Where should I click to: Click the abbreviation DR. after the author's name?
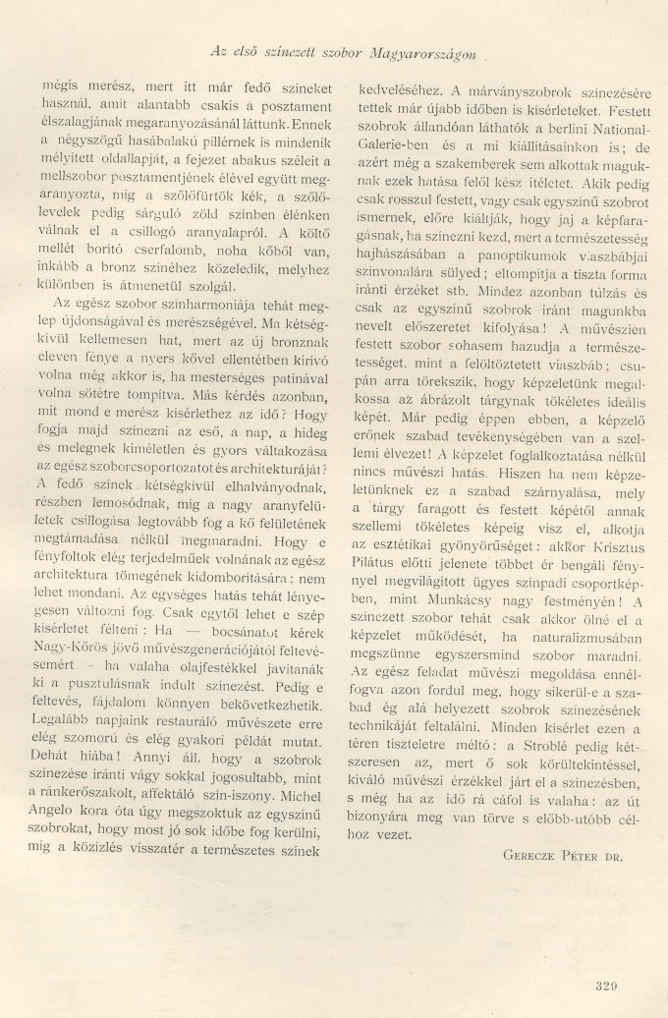[x=615, y=854]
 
